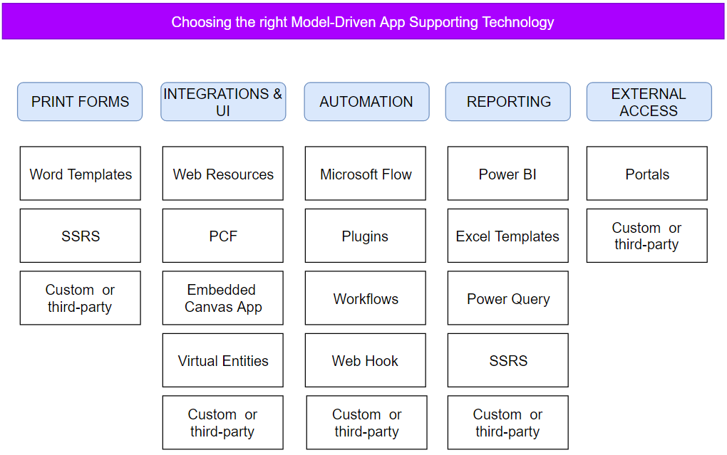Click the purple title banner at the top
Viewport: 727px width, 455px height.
pos(363,22)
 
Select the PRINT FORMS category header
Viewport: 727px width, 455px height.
pos(80,102)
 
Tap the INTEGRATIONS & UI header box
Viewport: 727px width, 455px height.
pos(223,102)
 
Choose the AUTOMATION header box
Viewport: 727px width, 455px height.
pos(366,102)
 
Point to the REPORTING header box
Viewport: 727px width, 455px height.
pos(507,102)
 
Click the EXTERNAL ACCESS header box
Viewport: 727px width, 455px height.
pos(649,102)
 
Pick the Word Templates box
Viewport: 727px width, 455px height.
pos(81,173)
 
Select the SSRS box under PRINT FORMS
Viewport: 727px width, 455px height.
pos(81,236)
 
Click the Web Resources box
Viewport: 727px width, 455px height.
pos(222,173)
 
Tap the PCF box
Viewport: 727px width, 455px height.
pos(222,236)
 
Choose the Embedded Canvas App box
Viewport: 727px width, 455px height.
pos(222,298)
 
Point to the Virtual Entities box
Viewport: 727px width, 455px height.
pos(222,360)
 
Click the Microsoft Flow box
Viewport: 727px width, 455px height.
pos(366,173)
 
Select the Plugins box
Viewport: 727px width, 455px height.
pos(366,236)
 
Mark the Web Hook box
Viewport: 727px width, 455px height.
pos(366,360)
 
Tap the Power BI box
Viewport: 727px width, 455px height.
pos(507,173)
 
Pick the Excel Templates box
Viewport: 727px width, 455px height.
pos(507,236)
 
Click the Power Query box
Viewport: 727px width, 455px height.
pos(507,298)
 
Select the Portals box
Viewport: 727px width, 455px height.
pos(646,173)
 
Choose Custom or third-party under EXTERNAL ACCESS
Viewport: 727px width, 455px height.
pos(646,236)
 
